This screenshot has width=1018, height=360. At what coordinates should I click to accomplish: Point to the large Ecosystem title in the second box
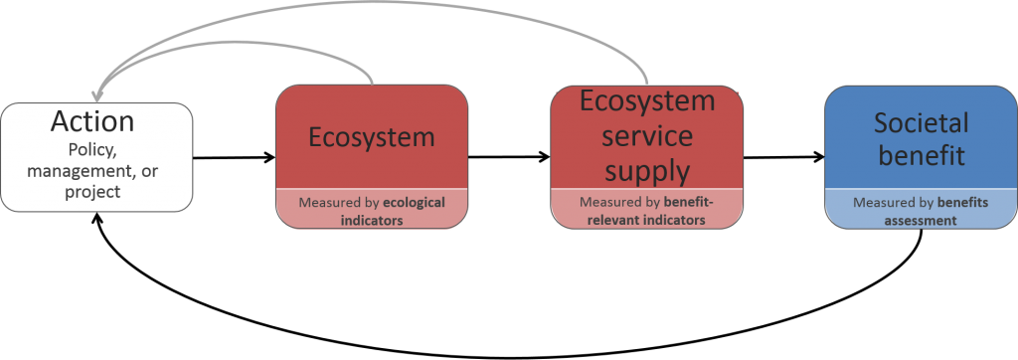(371, 136)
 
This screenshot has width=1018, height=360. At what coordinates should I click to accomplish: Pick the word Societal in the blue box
(921, 123)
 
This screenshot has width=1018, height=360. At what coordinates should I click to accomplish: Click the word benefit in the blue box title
(921, 157)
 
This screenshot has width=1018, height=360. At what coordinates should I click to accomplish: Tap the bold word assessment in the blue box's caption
(920, 221)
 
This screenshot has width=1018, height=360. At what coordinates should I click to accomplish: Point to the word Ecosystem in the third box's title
(647, 101)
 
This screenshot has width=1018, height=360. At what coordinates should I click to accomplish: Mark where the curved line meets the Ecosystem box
(372, 85)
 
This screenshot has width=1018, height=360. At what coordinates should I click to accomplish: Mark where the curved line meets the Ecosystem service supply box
(647, 85)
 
